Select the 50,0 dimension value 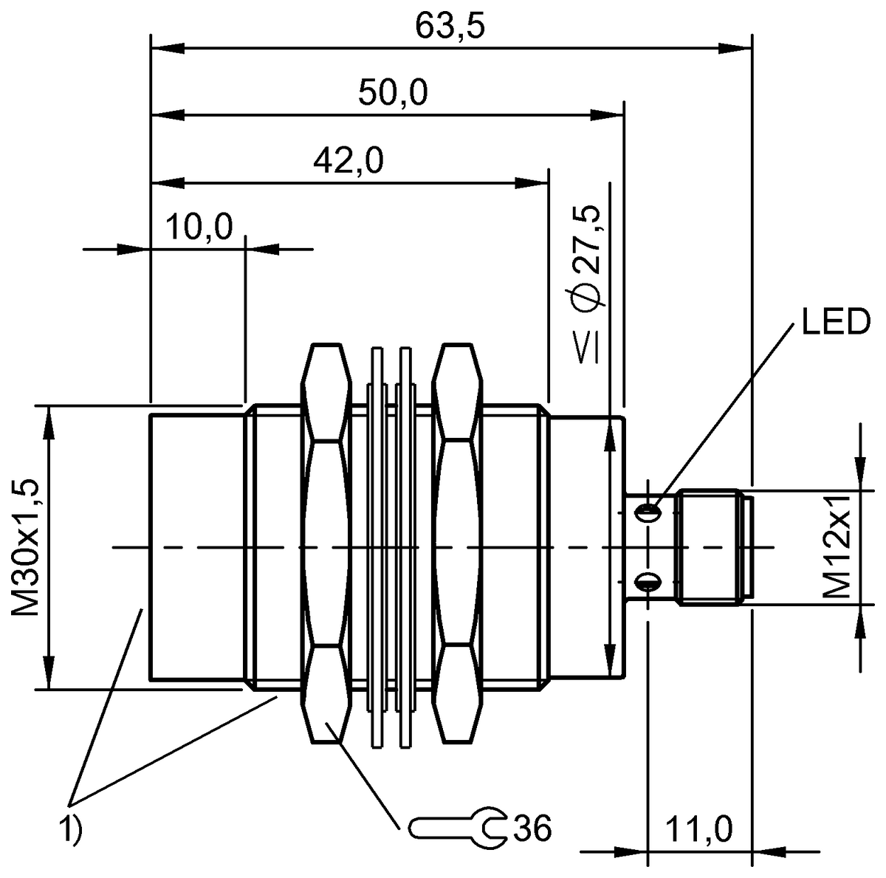point(393,94)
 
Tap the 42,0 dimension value point(348,160)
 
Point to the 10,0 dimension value point(198,227)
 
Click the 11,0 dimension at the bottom point(698,831)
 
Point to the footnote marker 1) point(72,829)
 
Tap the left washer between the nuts point(377,546)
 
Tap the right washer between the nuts point(404,546)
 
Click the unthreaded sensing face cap point(196,547)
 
